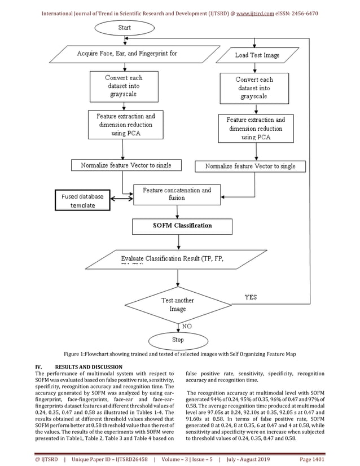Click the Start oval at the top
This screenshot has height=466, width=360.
click(122, 27)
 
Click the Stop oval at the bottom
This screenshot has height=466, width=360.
click(178, 340)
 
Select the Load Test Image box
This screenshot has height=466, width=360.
click(257, 55)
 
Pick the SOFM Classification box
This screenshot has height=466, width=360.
click(182, 226)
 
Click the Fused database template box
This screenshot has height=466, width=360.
click(83, 201)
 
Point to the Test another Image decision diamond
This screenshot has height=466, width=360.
click(178, 305)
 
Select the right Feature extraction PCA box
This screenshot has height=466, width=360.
click(256, 128)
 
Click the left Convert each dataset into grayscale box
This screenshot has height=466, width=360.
click(124, 86)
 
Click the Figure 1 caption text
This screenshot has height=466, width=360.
click(179, 354)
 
